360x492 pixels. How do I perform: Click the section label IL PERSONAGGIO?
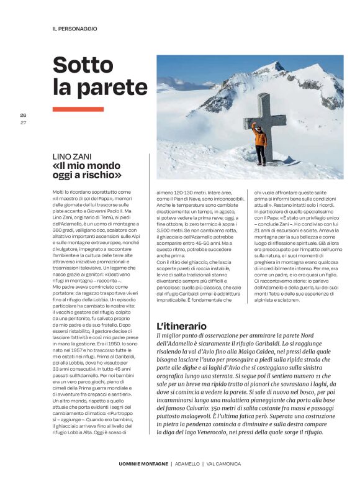coord(74,29)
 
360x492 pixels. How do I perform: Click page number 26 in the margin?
coord(23,116)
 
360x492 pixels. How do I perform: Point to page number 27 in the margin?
coord(23,122)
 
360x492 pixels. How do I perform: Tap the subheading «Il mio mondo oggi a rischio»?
coord(88,171)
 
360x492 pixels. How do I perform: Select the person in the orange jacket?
coord(260,144)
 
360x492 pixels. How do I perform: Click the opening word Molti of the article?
coord(59,193)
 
